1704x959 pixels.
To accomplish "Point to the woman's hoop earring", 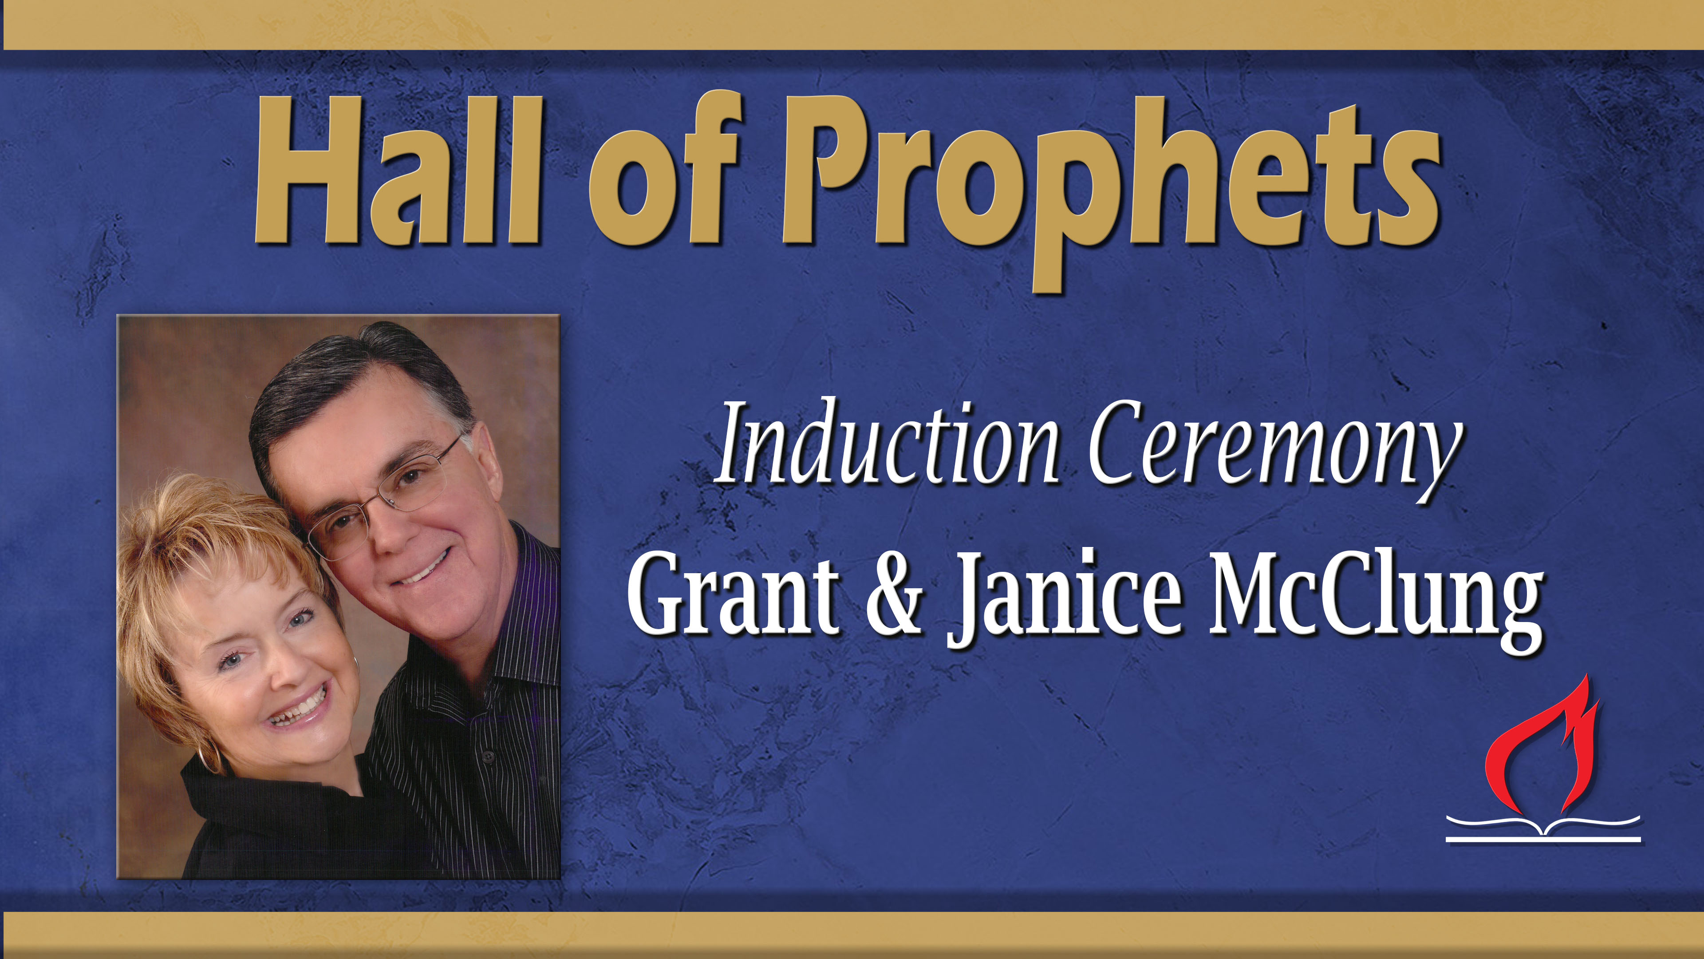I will tap(210, 754).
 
